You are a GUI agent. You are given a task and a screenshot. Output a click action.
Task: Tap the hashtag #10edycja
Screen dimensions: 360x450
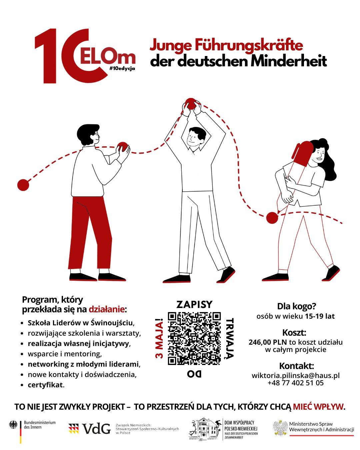coord(122,68)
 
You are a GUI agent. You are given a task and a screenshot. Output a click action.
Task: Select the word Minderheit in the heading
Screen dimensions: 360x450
coord(288,61)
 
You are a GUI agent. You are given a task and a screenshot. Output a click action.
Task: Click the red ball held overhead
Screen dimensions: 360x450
coord(191,104)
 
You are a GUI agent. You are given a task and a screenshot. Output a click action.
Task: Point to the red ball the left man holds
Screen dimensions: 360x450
coord(123,147)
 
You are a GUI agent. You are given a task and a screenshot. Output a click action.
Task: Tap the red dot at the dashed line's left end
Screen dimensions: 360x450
coord(23,185)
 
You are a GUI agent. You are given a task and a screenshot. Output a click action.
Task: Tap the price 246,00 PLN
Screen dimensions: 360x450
coord(268,343)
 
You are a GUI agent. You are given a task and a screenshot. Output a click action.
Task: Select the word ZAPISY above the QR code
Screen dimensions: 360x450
coord(194,304)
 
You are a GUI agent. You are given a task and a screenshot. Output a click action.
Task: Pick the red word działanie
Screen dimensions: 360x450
coord(107,309)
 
